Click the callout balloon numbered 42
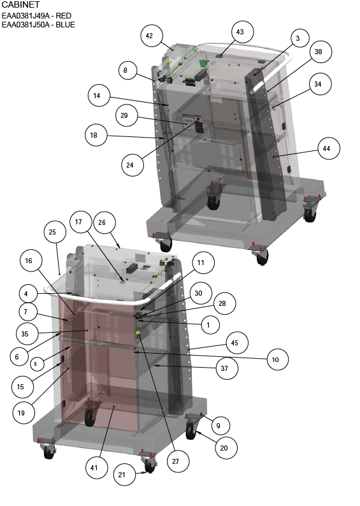(x=149, y=36)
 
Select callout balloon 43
(x=240, y=32)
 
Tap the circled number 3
(x=298, y=38)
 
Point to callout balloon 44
(x=326, y=148)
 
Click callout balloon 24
(x=130, y=165)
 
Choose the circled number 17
(x=78, y=222)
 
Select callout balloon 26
(x=102, y=222)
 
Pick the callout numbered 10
(x=275, y=359)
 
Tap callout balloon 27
(x=175, y=461)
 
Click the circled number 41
(x=94, y=468)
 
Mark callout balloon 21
(x=122, y=475)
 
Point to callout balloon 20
(x=224, y=448)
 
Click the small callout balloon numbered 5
(x=36, y=364)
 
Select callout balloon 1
(x=208, y=325)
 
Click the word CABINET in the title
(x=20, y=5)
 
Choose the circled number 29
(x=124, y=115)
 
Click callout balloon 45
(x=234, y=343)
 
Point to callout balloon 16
(x=29, y=261)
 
